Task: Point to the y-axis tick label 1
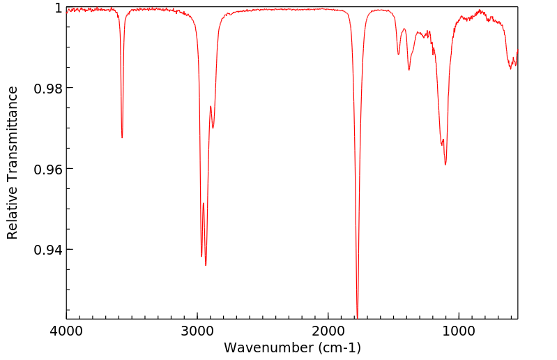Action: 59,8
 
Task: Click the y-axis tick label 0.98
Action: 49,89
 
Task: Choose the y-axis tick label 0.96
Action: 49,169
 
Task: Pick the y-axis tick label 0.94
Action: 49,250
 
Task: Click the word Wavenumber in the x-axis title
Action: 268,347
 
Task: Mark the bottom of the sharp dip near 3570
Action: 122,137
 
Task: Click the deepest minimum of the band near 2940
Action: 206,265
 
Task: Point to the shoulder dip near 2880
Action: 213,128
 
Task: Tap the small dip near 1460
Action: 398,54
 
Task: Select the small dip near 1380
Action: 409,70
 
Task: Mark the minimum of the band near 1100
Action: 445,165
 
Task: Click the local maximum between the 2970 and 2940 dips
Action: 204,204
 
